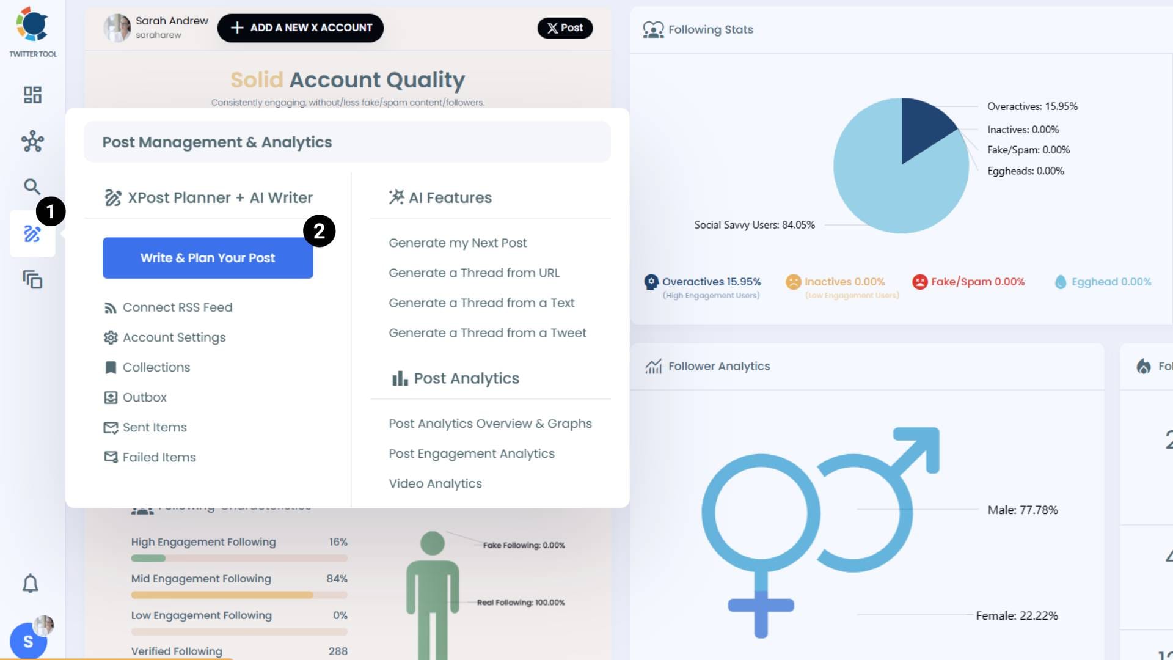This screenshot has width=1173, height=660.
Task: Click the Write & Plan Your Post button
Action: (x=208, y=258)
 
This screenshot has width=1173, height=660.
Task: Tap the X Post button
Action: (x=565, y=28)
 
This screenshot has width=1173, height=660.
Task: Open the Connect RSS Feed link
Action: (x=177, y=307)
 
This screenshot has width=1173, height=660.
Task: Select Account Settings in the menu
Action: (x=174, y=337)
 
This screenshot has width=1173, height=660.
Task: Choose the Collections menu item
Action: (x=156, y=367)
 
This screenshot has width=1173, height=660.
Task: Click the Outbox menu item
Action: (x=145, y=397)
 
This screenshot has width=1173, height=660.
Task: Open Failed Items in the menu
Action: (x=159, y=457)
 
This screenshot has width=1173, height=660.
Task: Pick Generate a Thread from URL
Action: (x=474, y=273)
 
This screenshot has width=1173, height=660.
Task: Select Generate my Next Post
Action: (x=458, y=243)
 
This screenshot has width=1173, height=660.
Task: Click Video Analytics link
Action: (x=435, y=483)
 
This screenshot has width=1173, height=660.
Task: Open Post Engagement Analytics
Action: (x=472, y=453)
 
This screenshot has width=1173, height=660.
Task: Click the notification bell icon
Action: (x=31, y=584)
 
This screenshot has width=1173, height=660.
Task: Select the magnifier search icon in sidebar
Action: (x=32, y=186)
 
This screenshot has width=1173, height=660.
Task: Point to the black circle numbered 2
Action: (x=319, y=231)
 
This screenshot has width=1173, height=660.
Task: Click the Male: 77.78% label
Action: (x=1023, y=510)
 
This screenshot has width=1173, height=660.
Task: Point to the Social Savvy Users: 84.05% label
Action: (x=755, y=225)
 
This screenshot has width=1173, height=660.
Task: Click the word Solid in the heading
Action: (x=257, y=80)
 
